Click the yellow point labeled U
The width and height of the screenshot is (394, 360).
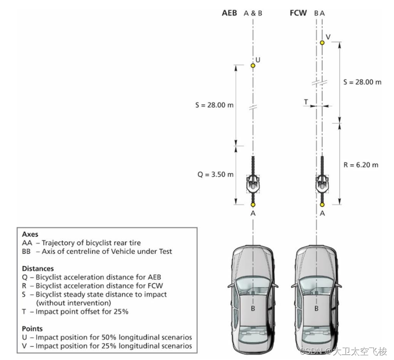[x=253, y=66]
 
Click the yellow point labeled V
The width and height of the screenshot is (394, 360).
[x=322, y=42]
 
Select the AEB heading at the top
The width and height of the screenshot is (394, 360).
[x=230, y=13]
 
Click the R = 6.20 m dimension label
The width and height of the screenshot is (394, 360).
[x=361, y=165]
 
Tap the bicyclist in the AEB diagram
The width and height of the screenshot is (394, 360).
[x=253, y=182]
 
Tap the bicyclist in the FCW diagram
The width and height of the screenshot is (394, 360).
[x=322, y=182]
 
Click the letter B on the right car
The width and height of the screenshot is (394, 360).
[x=317, y=308]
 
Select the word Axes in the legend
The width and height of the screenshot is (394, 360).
[x=30, y=234]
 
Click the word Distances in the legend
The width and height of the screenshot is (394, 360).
[x=38, y=269]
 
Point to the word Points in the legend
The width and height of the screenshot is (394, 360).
[x=32, y=328]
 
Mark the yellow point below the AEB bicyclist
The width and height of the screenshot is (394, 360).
[x=253, y=205]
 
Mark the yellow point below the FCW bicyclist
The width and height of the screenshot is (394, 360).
[x=322, y=205]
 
